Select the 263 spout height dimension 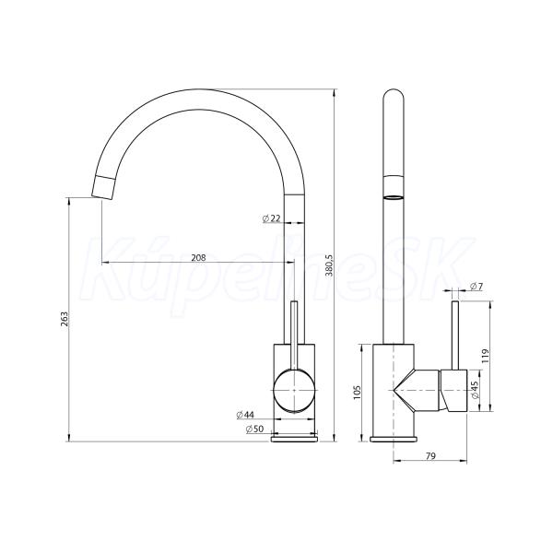[65, 319]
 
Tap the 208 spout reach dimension [198, 258]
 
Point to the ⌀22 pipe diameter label [271, 218]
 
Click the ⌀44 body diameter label [245, 415]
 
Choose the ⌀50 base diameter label [254, 429]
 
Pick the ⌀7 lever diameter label [477, 287]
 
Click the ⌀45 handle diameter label [475, 390]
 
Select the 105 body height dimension [357, 392]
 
